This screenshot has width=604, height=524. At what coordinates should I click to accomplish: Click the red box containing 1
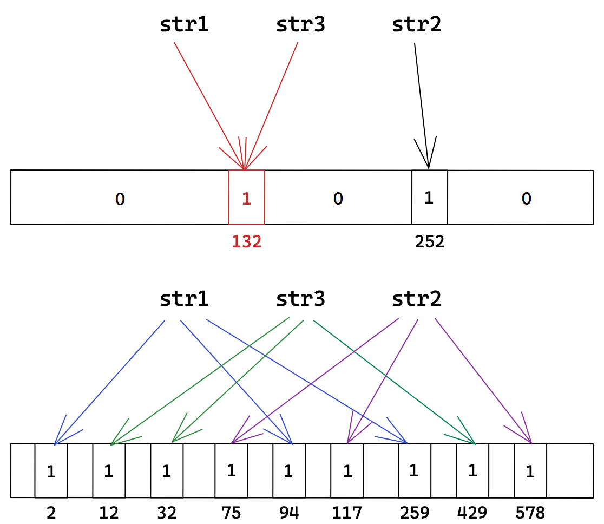click(247, 198)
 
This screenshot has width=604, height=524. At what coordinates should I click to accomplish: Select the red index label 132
click(247, 241)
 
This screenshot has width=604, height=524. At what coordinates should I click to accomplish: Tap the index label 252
click(430, 241)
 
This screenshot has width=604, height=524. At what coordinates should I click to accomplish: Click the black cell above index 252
click(430, 198)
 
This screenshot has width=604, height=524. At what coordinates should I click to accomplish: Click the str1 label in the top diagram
click(185, 25)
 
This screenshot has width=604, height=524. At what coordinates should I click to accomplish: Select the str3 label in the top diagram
click(300, 25)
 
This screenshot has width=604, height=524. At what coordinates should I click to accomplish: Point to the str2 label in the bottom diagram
click(416, 299)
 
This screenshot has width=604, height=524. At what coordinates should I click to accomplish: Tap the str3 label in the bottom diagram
click(300, 299)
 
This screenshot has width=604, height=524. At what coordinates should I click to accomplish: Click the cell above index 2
click(51, 471)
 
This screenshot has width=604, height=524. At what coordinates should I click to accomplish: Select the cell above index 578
click(530, 471)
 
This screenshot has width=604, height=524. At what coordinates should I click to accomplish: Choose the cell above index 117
click(347, 471)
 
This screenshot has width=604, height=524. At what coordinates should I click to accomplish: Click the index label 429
click(472, 512)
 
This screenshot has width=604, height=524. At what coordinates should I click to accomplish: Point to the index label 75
click(231, 512)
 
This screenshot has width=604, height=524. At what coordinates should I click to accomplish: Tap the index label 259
click(415, 512)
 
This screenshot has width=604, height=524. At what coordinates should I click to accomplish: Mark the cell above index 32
click(167, 471)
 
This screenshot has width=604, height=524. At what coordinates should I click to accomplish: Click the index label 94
click(288, 512)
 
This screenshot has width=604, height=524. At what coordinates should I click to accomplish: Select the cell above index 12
click(109, 471)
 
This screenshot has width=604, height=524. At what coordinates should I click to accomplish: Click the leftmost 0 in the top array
click(120, 199)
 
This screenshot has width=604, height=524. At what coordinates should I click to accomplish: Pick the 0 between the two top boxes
click(338, 199)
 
